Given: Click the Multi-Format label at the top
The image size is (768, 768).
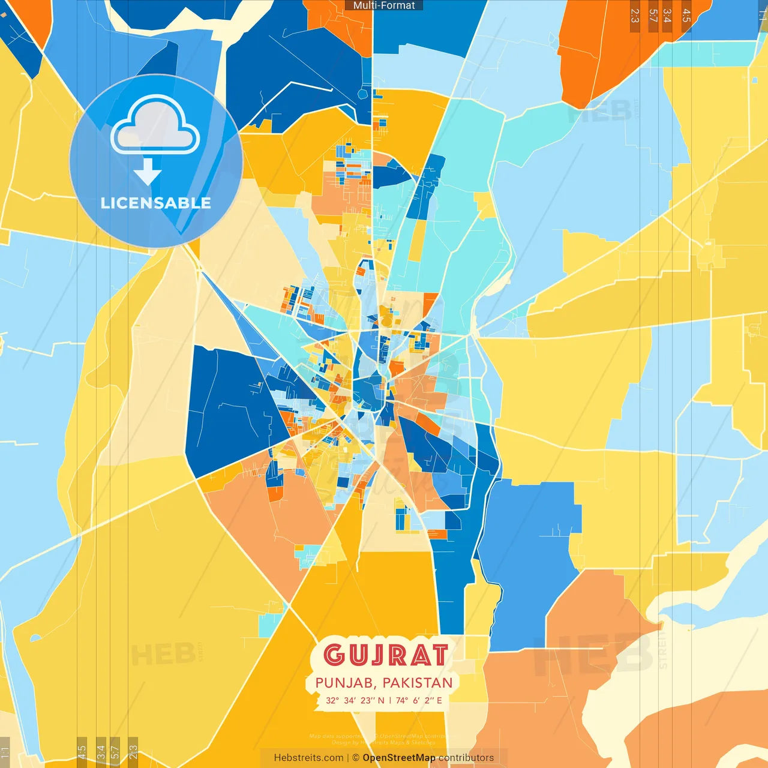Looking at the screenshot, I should (x=384, y=5).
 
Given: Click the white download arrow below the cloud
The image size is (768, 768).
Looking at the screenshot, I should (x=148, y=172).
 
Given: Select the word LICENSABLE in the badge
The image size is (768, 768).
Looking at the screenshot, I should (x=155, y=203).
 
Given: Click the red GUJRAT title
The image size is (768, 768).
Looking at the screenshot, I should (x=386, y=655).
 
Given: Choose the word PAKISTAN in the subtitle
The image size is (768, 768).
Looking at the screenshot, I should (x=418, y=683).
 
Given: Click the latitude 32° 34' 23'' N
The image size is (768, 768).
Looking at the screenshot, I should (x=355, y=700).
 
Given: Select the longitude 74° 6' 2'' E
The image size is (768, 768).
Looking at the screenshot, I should (x=419, y=700).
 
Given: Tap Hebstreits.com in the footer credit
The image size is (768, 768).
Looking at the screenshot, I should (x=308, y=758).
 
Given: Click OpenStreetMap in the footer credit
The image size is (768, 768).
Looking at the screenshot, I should (x=399, y=758).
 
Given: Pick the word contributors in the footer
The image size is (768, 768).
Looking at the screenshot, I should (x=466, y=758).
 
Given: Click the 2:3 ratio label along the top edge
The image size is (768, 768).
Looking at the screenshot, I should (x=635, y=16).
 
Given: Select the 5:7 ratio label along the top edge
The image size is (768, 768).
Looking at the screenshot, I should (x=653, y=16).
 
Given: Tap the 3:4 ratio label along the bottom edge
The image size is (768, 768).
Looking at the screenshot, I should (x=101, y=752).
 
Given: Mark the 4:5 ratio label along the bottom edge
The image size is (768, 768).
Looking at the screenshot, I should (x=82, y=752).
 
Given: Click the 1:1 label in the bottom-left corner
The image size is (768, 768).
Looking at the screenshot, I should (x=5, y=752).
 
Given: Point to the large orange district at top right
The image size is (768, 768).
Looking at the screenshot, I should (x=606, y=48).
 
